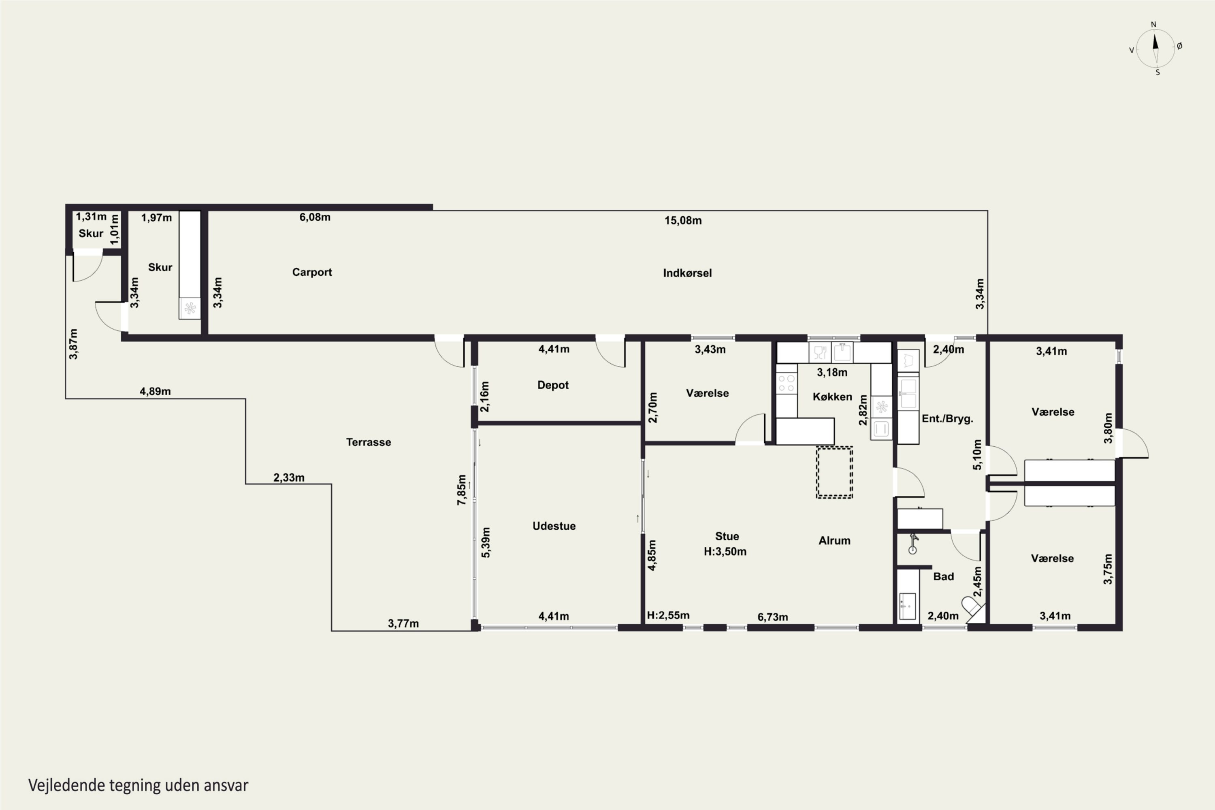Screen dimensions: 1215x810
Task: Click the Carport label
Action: (312, 272)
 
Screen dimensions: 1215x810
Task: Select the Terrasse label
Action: (368, 442)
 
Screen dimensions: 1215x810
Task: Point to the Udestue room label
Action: (554, 526)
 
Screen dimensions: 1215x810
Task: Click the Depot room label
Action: (553, 386)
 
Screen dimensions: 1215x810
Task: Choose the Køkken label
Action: (832, 397)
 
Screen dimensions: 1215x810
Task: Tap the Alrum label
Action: (834, 540)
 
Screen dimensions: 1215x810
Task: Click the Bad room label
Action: (943, 576)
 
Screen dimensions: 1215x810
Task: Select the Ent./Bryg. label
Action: (947, 419)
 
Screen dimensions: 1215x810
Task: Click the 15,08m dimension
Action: (683, 221)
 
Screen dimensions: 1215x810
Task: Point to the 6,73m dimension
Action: (773, 617)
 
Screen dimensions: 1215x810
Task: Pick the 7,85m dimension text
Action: (461, 490)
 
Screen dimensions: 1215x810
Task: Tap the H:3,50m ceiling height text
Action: (725, 552)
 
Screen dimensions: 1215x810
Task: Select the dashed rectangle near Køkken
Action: (834, 472)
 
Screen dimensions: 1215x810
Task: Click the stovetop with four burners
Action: (786, 383)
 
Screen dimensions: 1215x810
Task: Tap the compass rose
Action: (1155, 49)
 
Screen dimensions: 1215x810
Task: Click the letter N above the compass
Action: (1153, 24)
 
